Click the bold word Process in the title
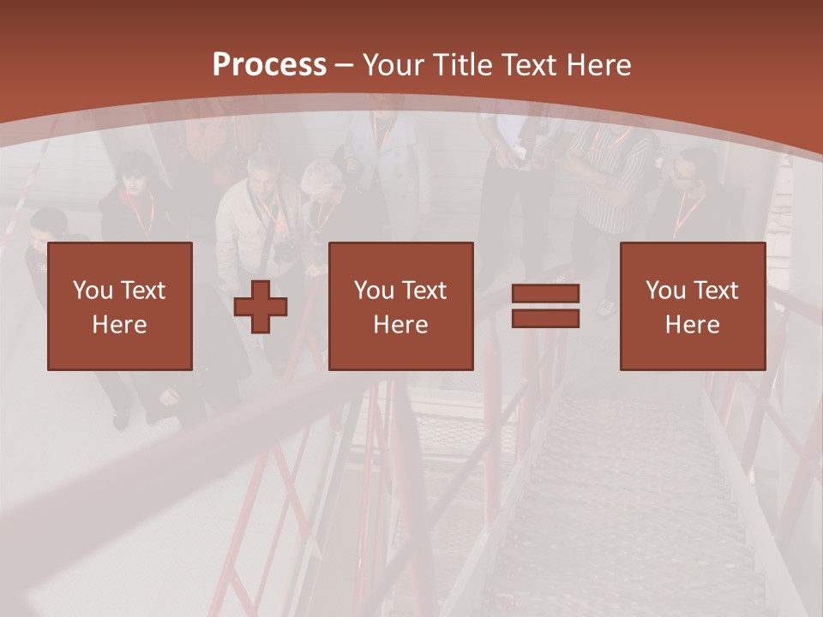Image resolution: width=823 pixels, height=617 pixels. [269, 64]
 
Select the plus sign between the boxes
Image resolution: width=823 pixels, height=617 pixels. [261, 307]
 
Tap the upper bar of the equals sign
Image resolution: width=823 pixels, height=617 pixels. [545, 294]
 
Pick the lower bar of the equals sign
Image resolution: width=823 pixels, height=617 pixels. [545, 319]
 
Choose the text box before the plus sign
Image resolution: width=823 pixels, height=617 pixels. [119, 306]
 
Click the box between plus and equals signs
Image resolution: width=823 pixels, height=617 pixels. [400, 306]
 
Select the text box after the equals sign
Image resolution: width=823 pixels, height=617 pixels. [692, 306]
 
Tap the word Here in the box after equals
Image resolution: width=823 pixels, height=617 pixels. [692, 325]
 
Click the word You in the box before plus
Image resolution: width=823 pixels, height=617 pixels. [92, 291]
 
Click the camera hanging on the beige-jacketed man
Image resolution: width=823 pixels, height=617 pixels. [284, 252]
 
